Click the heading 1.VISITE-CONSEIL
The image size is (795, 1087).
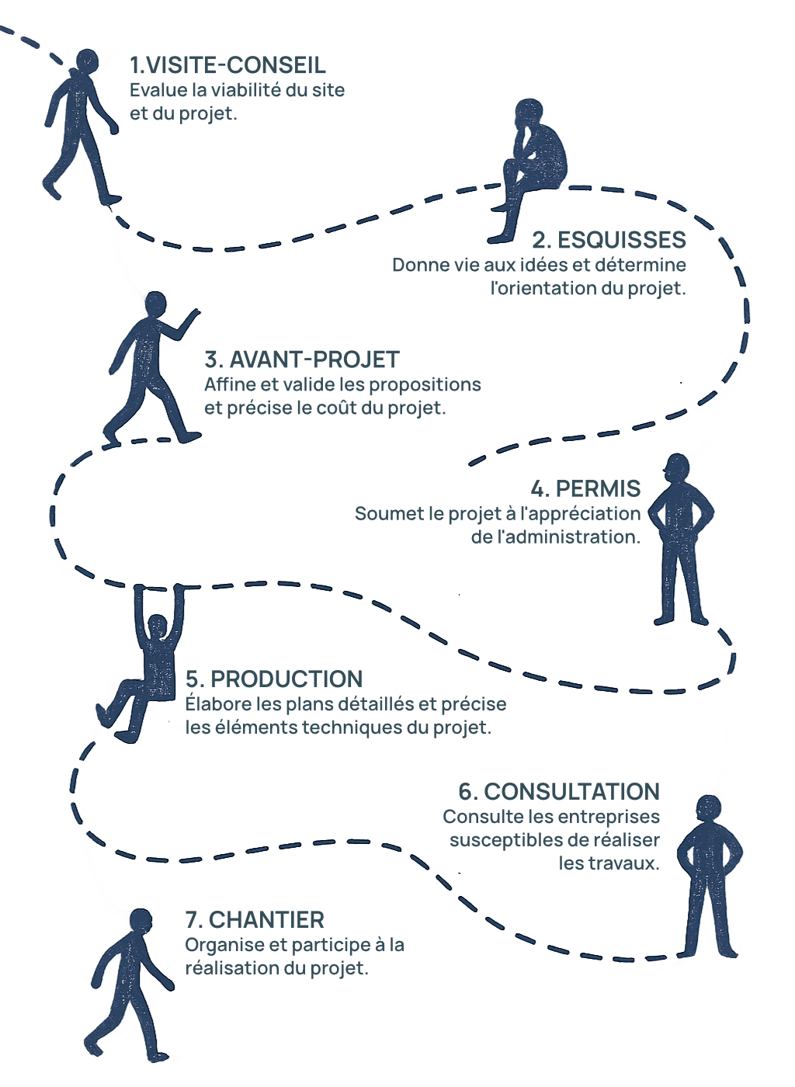click(x=227, y=66)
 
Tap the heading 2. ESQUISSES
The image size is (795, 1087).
click(x=609, y=239)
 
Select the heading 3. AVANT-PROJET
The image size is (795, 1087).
click(x=302, y=359)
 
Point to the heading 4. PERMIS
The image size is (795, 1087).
click(x=586, y=488)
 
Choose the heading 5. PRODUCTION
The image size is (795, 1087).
click(x=274, y=679)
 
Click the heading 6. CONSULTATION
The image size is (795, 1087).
click(x=559, y=791)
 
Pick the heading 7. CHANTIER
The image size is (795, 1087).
click(x=255, y=920)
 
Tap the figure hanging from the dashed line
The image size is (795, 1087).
click(x=152, y=660)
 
